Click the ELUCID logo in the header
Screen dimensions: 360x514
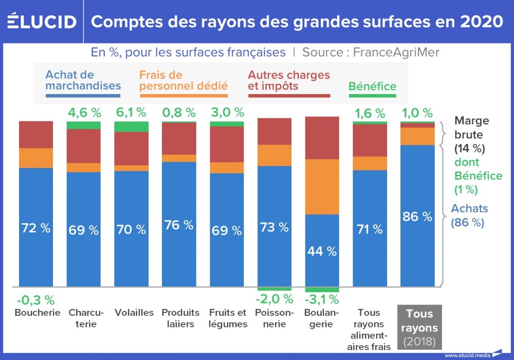pos(42,22)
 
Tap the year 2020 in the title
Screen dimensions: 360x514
pos(481,22)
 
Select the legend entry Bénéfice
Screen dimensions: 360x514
pos(372,87)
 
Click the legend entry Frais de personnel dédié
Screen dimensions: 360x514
pos(183,81)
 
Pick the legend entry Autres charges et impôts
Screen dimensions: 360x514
pos(288,81)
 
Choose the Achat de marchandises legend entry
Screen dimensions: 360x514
pos(83,81)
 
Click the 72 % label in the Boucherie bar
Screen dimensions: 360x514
pos(36,228)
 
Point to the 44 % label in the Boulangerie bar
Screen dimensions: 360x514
pos(322,251)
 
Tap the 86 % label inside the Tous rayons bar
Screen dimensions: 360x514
pos(417,217)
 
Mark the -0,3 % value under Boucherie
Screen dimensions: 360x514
pos(35,300)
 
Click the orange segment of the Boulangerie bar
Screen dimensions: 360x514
pos(322,187)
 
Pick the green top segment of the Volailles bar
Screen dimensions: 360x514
pos(131,127)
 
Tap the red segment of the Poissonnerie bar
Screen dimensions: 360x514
pos(274,131)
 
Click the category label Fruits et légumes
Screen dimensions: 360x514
pos(228,318)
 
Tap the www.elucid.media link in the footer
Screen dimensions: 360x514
pos(467,355)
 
